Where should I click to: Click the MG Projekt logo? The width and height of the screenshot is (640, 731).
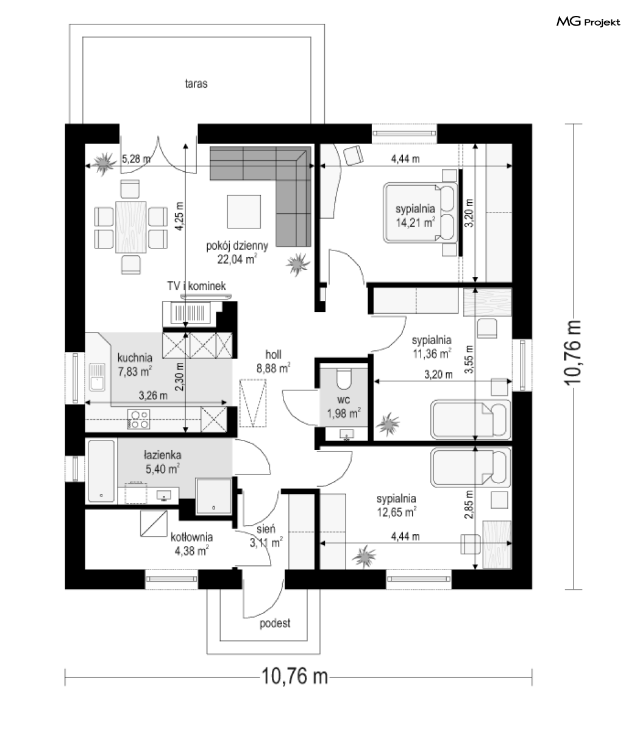588,22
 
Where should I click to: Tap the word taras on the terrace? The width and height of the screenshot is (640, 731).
196,83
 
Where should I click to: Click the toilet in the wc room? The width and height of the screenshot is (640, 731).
344,379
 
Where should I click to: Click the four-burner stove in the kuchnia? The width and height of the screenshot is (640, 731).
139,419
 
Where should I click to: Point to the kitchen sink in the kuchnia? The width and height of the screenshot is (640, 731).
96,377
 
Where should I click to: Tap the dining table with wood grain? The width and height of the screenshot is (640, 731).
130,227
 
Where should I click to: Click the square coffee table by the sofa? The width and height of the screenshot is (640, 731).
244,211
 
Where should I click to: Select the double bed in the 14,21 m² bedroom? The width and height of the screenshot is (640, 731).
420,213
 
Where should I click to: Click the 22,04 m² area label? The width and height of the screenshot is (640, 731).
237,259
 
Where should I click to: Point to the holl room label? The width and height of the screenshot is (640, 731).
274,355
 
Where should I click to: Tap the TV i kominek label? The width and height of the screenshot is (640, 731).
197,286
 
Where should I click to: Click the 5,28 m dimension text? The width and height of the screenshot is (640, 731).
136,158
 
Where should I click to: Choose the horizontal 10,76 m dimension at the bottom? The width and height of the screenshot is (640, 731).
298,676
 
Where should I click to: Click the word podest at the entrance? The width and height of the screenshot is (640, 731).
275,623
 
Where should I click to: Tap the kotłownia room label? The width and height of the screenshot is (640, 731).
191,537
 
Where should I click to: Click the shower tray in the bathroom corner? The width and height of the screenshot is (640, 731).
213,496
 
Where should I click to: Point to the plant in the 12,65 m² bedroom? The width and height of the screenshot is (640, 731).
364,556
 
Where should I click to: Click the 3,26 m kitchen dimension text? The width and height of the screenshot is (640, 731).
153,395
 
